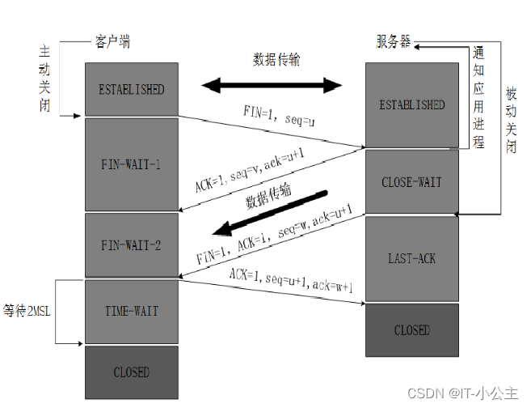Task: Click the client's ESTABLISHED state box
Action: (x=131, y=88)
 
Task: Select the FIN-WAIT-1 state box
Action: (x=131, y=164)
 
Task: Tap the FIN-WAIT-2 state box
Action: (x=131, y=244)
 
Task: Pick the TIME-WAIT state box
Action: (x=131, y=311)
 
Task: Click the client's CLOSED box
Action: (x=131, y=372)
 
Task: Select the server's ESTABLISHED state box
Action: (x=411, y=105)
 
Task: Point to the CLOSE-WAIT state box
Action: (x=411, y=182)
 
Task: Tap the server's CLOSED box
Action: (x=411, y=329)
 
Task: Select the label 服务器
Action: (x=393, y=41)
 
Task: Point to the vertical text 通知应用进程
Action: (x=478, y=97)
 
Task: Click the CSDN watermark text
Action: (x=461, y=393)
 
